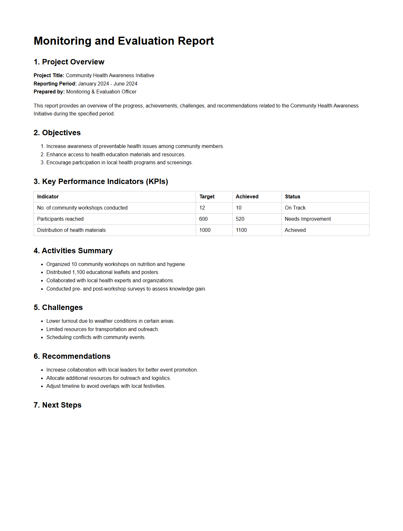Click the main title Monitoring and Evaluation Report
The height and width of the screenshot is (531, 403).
point(124,41)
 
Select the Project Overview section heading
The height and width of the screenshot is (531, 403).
point(69,62)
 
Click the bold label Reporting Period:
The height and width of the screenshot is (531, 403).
point(55,84)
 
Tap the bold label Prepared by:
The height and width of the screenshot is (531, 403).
point(49,92)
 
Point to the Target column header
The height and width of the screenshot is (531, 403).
point(207,196)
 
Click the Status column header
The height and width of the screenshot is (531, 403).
point(292,196)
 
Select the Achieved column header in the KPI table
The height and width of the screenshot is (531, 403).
point(247,196)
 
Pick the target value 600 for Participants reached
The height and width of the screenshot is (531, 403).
point(203,219)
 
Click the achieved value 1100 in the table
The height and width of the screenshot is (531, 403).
point(241,230)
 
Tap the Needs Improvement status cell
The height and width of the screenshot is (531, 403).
point(308,219)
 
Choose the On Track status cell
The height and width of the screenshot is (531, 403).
point(295,208)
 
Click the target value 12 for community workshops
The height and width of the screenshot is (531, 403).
point(202,208)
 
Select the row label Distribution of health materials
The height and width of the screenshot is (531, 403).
point(71,230)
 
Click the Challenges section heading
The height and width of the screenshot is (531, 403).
point(58,307)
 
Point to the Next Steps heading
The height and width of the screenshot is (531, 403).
point(57,405)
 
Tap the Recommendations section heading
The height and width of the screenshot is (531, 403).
point(72,356)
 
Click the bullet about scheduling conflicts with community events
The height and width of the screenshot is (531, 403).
point(96,337)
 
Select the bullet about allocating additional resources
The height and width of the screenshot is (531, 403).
point(108,378)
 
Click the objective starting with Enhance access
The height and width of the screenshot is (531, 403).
point(116,154)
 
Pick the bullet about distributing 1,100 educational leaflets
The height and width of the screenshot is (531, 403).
point(102,272)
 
